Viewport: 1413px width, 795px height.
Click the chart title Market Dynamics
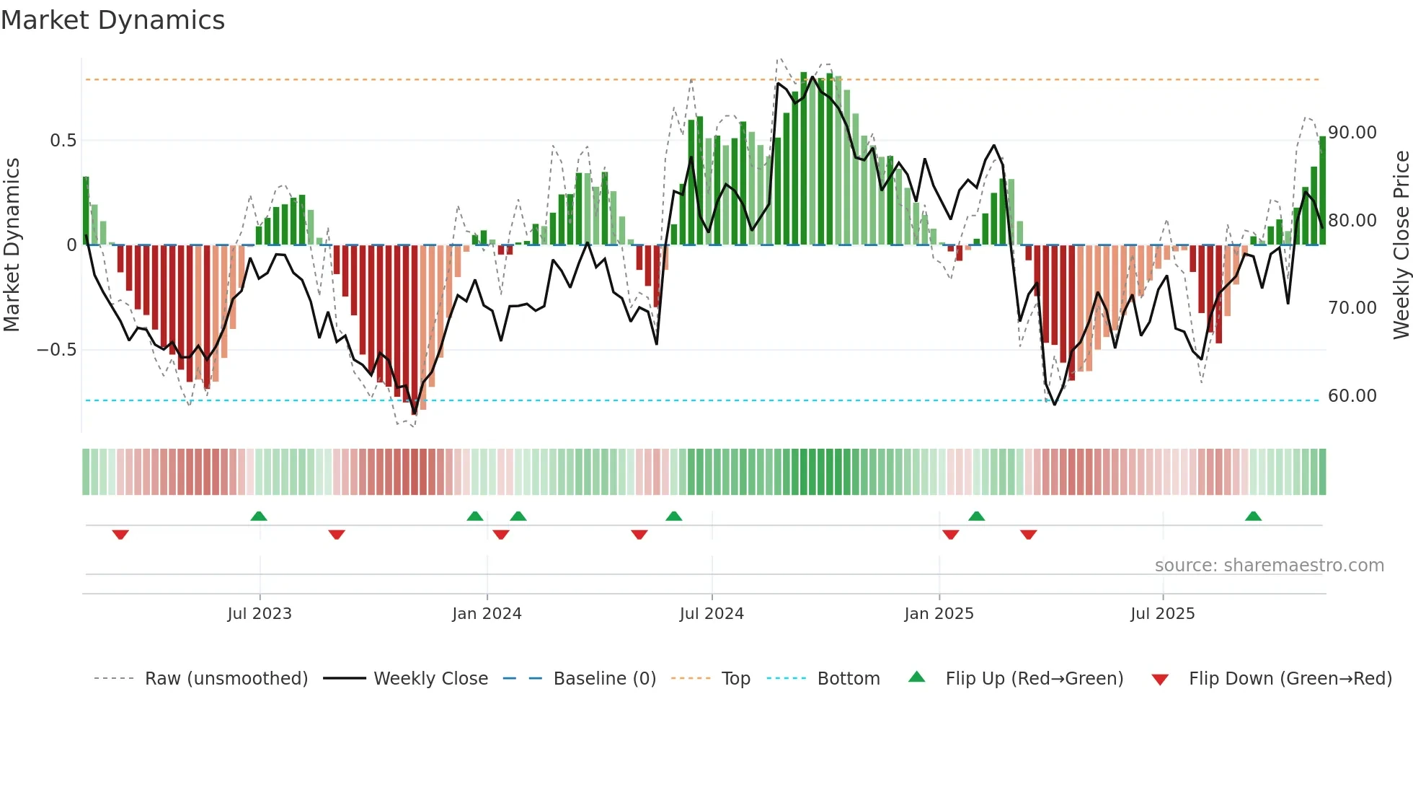pos(112,20)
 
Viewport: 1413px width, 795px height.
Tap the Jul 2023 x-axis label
pos(260,614)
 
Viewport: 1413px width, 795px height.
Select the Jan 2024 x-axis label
pos(487,614)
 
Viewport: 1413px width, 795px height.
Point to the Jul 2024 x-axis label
pos(712,614)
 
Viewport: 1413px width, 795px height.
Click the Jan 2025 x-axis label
pos(939,614)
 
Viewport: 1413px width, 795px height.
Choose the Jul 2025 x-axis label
pos(1162,614)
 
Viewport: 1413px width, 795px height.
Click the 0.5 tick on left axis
pos(63,141)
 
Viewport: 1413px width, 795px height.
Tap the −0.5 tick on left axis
pos(56,350)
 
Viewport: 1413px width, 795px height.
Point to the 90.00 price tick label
pos(1352,133)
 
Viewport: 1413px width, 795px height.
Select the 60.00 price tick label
pos(1352,396)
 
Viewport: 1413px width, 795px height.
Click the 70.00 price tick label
pos(1352,308)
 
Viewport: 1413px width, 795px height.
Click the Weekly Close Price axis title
pos(1401,245)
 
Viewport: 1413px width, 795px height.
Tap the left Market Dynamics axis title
pos(12,245)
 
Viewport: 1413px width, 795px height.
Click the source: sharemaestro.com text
pos(1269,566)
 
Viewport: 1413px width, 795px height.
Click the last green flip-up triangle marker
pos(1253,516)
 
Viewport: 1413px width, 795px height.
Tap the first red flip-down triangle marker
pos(120,535)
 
